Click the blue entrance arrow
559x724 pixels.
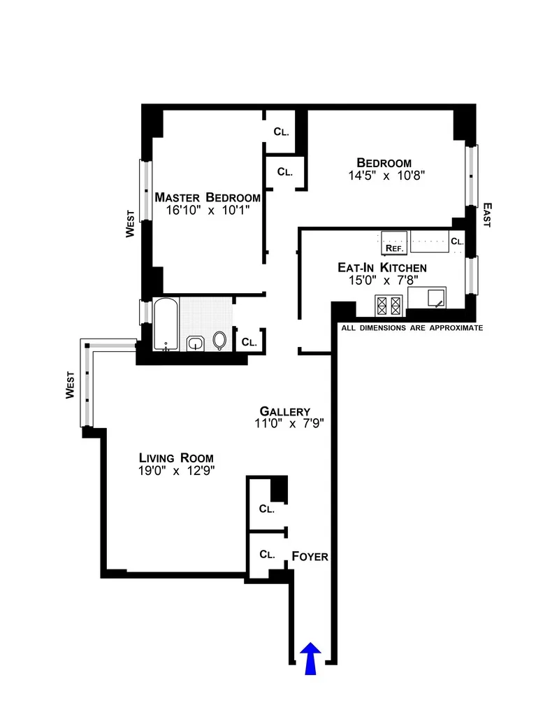309,660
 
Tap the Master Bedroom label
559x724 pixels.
208,197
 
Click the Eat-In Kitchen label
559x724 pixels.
382,267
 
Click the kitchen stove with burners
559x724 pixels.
389,305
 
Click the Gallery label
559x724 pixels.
284,411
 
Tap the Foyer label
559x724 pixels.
310,557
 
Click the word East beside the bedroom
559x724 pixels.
487,215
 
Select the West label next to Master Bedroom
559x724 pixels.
130,226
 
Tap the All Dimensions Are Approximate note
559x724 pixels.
412,327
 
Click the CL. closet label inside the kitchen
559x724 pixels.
457,241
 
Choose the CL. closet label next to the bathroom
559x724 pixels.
249,342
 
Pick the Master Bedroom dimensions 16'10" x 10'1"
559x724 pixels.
208,210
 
